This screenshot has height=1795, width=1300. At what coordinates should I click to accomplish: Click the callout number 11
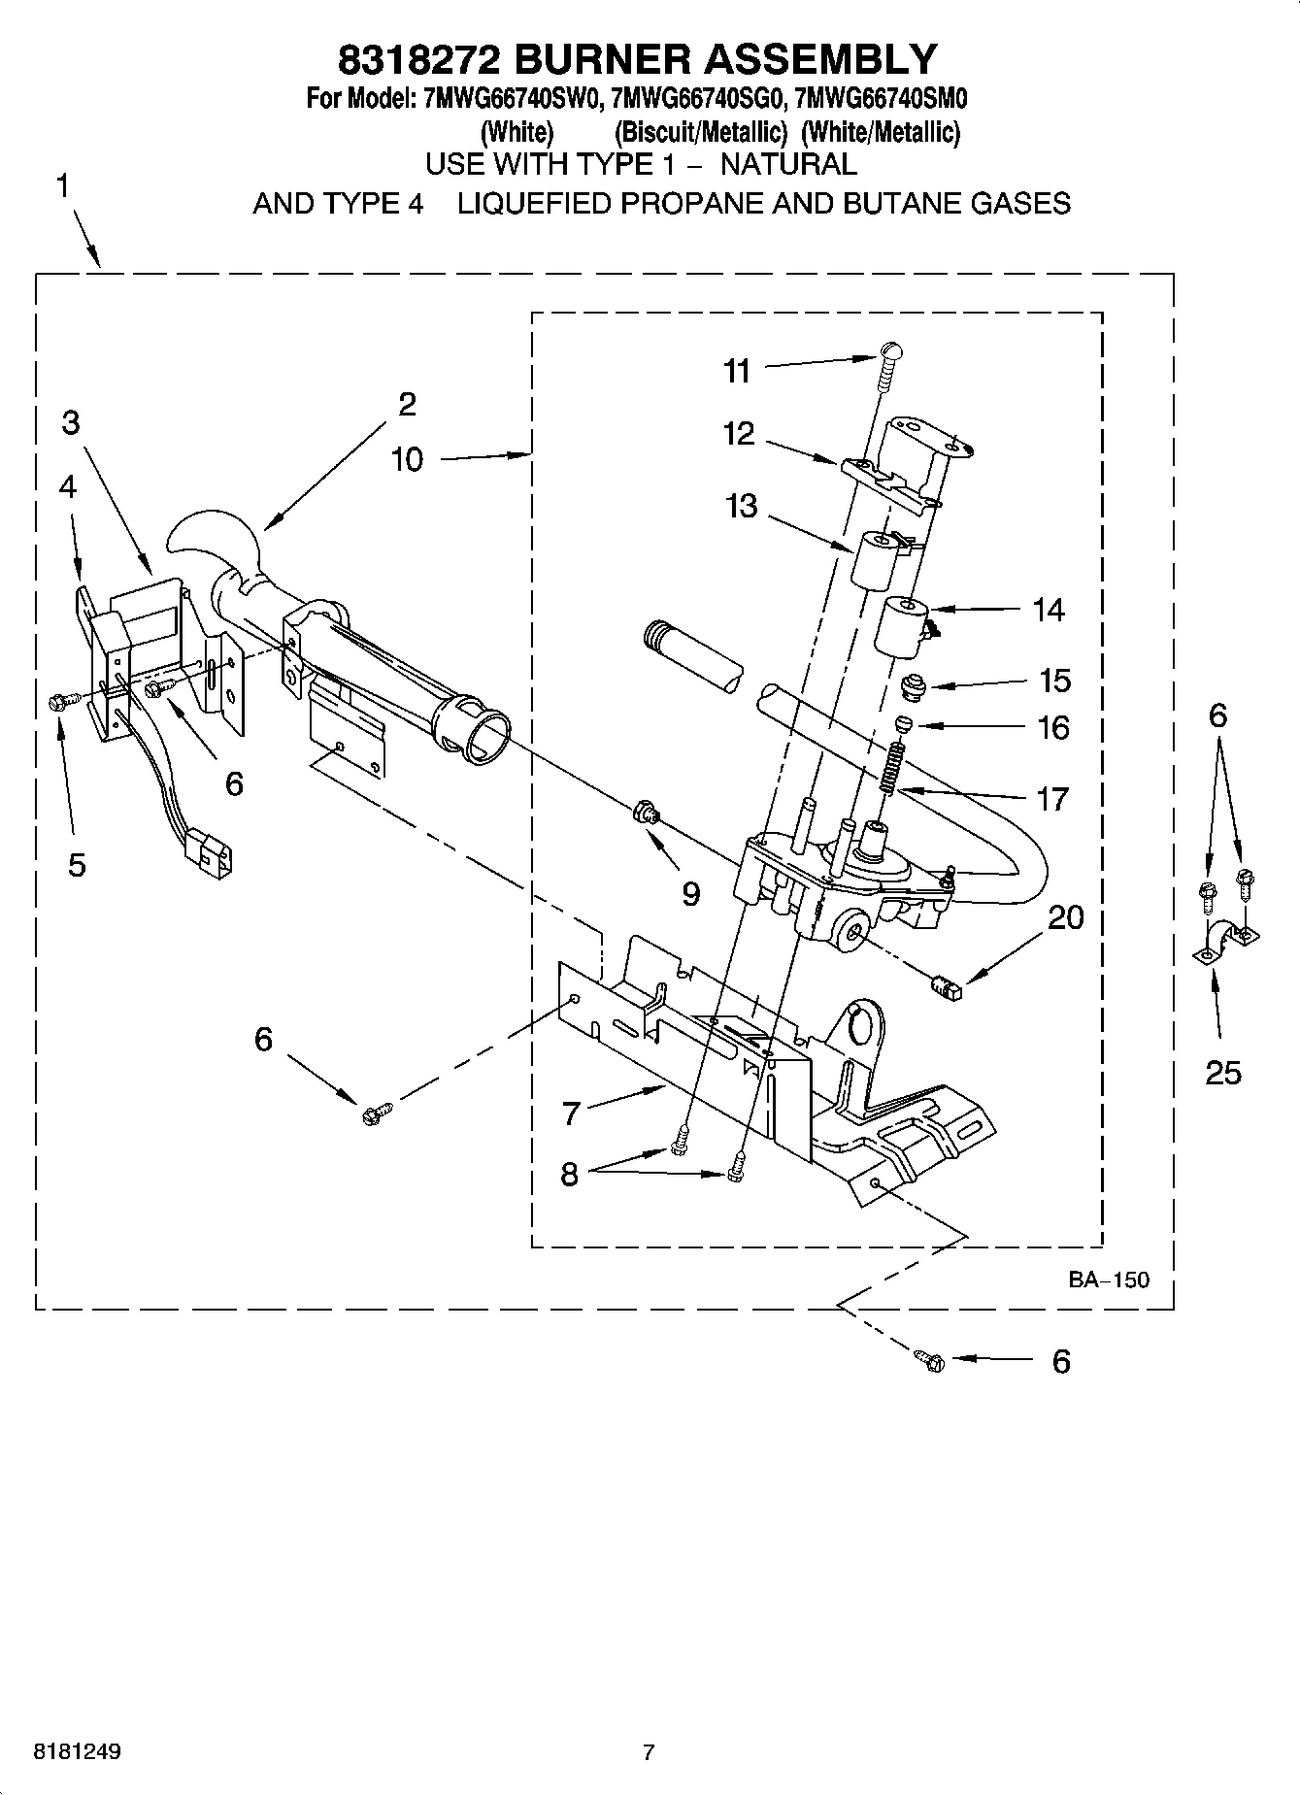click(737, 371)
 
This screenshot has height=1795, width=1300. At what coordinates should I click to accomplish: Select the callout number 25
click(1222, 1073)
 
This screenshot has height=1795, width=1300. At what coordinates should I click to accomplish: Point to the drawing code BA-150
click(1109, 1280)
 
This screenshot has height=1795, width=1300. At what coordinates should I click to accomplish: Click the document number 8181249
click(78, 1752)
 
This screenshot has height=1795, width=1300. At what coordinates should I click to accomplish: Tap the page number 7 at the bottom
click(649, 1752)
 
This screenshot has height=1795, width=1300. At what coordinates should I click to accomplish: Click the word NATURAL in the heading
click(787, 164)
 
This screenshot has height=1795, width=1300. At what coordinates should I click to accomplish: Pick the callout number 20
click(1065, 917)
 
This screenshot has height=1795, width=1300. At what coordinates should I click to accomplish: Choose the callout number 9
click(690, 893)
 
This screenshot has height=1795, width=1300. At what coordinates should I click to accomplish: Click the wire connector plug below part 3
click(209, 851)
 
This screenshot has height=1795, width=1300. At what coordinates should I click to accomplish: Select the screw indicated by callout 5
click(56, 701)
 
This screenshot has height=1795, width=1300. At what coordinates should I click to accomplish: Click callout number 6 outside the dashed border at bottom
click(1061, 1361)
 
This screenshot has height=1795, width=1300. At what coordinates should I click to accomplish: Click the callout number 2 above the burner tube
click(407, 404)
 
